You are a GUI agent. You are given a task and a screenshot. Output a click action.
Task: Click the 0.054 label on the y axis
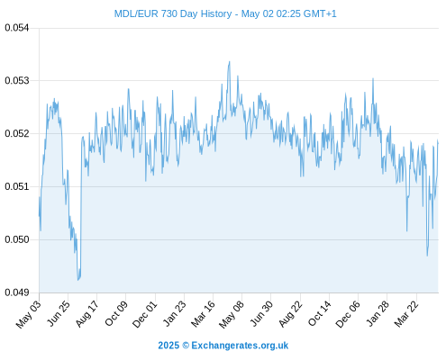pos(17,28)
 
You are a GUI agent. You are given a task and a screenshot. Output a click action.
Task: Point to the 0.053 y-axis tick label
pos(17,81)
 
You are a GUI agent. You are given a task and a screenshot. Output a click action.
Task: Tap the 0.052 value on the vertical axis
pos(17,133)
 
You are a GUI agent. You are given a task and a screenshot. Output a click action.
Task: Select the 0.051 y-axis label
pos(17,186)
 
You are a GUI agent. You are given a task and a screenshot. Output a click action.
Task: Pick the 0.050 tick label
pos(17,239)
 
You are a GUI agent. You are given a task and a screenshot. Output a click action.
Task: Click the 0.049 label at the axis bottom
pos(17,292)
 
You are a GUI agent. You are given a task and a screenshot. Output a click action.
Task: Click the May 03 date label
pos(28,314)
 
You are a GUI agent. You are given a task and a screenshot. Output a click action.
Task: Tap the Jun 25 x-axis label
pos(59,313)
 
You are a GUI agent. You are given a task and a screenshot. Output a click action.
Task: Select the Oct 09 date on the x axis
pos(116,313)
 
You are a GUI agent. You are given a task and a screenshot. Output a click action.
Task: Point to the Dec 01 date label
pos(144,314)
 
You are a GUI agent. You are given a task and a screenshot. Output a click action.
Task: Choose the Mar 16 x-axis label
pos(203,314)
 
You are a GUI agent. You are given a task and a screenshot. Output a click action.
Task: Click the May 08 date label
pos(232,314)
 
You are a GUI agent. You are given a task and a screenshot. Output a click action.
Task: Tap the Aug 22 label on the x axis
pos(290,314)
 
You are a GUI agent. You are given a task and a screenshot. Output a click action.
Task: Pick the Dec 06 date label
pos(347,314)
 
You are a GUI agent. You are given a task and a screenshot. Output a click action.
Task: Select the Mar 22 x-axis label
pos(406,314)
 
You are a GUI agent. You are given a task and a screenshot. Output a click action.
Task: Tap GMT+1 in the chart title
pos(320,13)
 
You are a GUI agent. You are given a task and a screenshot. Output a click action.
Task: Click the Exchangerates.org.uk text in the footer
pos(240,346)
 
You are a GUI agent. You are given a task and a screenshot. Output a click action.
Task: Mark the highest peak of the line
pos(230,61)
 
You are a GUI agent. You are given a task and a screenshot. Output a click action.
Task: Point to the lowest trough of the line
pos(77,280)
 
